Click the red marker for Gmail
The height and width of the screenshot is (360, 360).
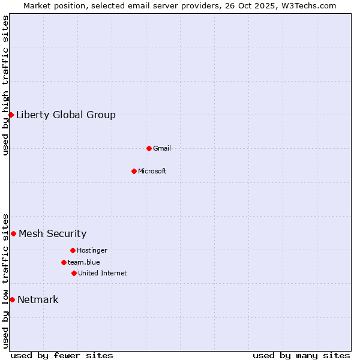click(x=149, y=148)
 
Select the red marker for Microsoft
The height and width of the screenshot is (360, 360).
click(x=134, y=171)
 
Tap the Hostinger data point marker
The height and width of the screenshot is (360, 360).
click(x=73, y=250)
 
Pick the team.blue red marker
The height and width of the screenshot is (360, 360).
click(x=64, y=262)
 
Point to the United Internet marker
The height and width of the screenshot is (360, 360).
click(x=74, y=273)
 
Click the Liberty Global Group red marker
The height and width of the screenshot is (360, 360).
click(x=11, y=115)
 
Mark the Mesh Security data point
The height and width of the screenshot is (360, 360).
click(x=13, y=233)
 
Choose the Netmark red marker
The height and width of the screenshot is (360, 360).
click(x=12, y=299)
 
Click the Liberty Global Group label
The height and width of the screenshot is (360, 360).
click(x=66, y=115)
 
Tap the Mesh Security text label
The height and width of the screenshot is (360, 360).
click(x=53, y=234)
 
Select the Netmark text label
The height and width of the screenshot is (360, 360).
click(x=38, y=300)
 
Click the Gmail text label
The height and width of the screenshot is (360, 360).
click(x=162, y=149)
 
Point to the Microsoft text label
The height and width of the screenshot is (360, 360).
click(x=152, y=172)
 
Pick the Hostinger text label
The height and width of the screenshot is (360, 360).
click(x=92, y=251)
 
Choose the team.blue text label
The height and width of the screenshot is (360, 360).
click(x=84, y=263)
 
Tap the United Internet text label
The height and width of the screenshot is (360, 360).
click(x=103, y=274)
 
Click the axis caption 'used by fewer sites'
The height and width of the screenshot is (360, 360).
click(x=62, y=355)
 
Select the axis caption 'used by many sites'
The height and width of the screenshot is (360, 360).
click(x=301, y=355)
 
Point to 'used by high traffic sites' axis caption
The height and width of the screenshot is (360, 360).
click(x=5, y=85)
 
